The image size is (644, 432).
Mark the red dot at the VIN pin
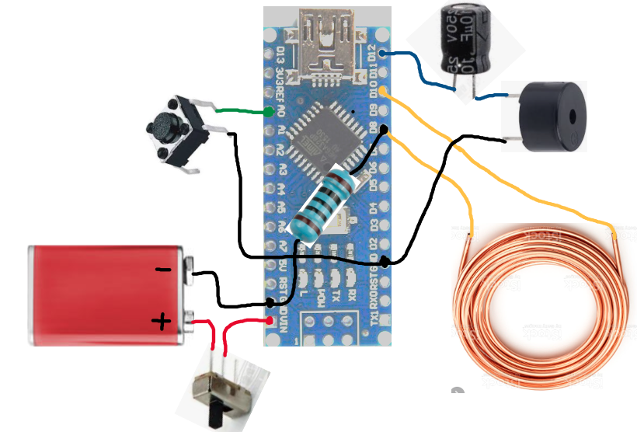point(270,320)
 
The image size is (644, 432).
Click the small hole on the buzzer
point(573,117)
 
